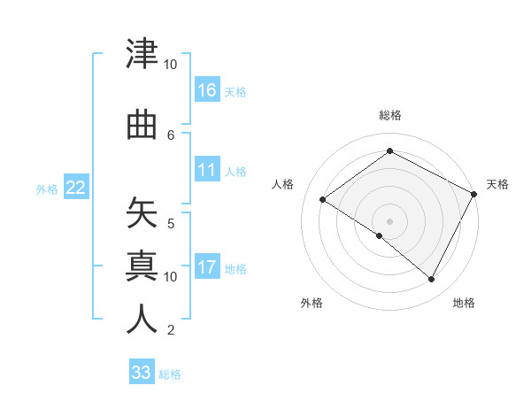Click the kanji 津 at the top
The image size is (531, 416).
tap(142, 55)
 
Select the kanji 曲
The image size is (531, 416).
tap(142, 126)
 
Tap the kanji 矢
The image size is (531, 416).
tap(142, 213)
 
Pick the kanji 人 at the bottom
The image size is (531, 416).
tap(142, 320)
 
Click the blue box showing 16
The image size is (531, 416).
tap(207, 90)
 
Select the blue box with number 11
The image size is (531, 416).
tap(207, 170)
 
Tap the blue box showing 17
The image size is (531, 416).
tap(207, 267)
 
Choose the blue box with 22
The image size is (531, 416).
tap(76, 188)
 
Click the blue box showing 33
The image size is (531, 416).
tap(142, 373)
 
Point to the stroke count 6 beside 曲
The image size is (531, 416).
tap(171, 135)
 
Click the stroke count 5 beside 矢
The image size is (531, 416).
tap(171, 223)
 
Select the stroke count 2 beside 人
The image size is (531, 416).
tap(171, 330)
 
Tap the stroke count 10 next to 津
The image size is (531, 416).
tap(171, 65)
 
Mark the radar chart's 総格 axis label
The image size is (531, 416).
tap(389, 116)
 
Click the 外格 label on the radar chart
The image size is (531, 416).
tap(312, 304)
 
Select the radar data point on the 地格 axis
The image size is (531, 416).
tap(432, 280)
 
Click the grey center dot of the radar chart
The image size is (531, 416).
tap(389, 221)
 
